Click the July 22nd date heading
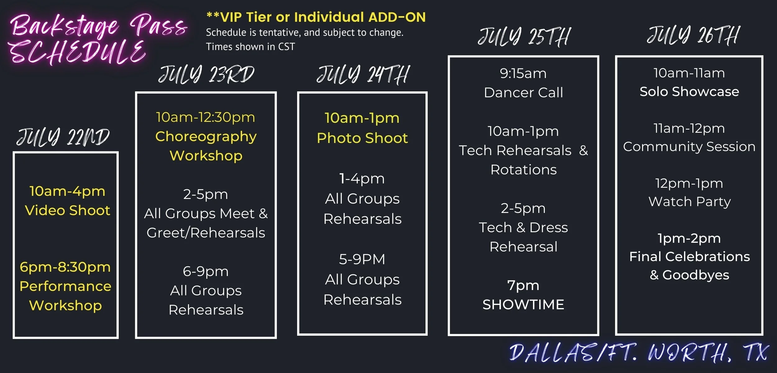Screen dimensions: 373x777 63,137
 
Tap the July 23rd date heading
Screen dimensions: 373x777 206,75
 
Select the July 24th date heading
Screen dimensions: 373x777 363,75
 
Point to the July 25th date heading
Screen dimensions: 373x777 524,37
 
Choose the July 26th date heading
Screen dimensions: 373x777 693,35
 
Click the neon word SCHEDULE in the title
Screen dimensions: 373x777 78,52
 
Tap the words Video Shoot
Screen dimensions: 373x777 67,210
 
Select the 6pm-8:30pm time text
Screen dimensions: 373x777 65,267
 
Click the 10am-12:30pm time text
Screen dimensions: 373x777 205,117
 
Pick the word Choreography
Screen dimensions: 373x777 206,136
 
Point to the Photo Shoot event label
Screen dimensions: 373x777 362,138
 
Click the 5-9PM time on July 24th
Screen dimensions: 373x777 362,259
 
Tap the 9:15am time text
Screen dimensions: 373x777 523,73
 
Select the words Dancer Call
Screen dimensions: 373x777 523,92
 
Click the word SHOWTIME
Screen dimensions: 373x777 523,305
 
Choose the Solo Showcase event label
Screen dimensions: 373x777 689,91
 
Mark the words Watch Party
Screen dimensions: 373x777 689,201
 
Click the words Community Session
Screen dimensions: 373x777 689,146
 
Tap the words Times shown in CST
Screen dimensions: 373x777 251,47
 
